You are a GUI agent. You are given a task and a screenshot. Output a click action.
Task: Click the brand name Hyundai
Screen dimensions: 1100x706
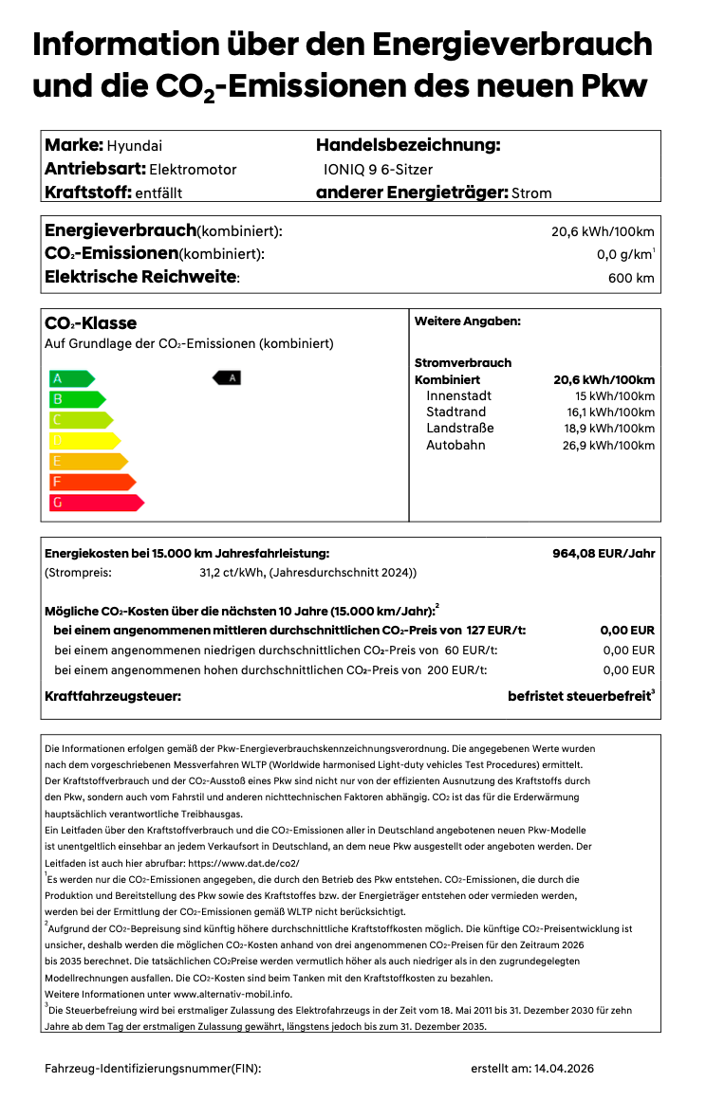tap(135, 145)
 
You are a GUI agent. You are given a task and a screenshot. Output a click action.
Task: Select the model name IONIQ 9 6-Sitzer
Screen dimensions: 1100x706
tap(378, 170)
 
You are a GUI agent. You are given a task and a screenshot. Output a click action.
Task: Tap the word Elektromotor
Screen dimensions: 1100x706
tap(193, 170)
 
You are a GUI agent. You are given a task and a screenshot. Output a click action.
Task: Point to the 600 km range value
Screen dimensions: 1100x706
tap(631, 278)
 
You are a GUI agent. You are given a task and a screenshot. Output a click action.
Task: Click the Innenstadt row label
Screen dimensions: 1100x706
tap(459, 395)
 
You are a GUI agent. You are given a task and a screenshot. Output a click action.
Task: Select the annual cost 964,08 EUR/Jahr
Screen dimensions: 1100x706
tap(604, 553)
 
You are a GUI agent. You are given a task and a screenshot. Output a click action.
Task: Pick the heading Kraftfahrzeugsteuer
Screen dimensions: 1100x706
tap(113, 697)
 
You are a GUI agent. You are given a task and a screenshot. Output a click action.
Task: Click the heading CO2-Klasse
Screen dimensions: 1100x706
tap(91, 323)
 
